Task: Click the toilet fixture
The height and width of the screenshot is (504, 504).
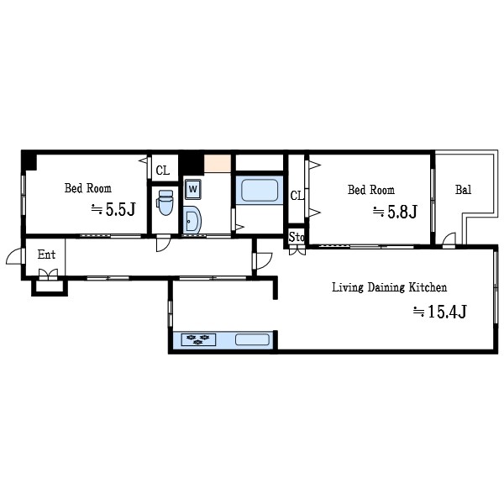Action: tap(165, 202)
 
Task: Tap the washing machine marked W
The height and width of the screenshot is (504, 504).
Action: tap(193, 189)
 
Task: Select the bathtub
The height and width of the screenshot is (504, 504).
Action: tap(260, 190)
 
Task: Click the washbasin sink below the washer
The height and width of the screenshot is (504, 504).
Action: tap(192, 220)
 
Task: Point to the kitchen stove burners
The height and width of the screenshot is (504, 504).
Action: tap(198, 339)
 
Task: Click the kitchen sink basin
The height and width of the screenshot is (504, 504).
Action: tap(252, 339)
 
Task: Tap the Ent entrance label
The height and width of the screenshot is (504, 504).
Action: tap(46, 255)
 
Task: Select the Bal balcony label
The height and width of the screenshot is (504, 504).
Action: tap(463, 190)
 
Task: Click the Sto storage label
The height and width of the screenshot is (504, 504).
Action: tap(297, 237)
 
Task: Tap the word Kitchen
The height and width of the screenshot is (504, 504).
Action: tap(428, 287)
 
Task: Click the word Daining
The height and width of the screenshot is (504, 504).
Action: tap(386, 287)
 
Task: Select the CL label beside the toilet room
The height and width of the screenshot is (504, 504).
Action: tap(163, 171)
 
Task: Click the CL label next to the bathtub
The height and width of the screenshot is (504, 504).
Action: tap(297, 196)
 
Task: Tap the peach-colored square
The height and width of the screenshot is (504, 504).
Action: tap(218, 164)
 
